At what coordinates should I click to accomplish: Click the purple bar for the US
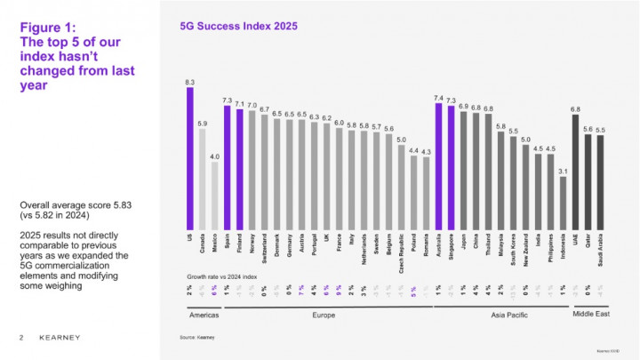tap(190, 158)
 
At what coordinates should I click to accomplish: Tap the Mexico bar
tap(215, 196)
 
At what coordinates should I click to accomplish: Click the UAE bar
tap(575, 172)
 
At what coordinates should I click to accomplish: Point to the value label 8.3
tap(190, 81)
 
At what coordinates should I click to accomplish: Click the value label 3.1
tap(563, 171)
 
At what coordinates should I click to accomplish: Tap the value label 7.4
tap(438, 97)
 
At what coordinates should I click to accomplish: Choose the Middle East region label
tap(588, 315)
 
